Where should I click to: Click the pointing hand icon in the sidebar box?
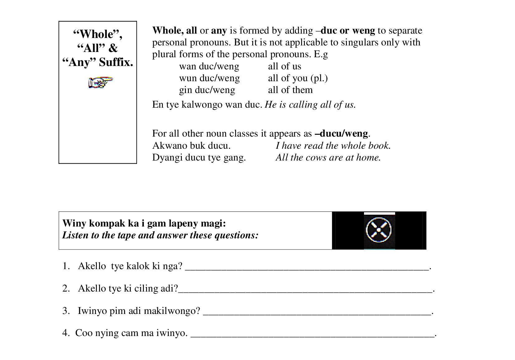(x=101, y=82)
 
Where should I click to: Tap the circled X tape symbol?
(x=379, y=230)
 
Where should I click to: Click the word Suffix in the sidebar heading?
(x=116, y=62)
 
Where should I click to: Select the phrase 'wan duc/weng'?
(x=209, y=66)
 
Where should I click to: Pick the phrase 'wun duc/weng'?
(x=209, y=78)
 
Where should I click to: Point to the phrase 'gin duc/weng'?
(x=207, y=90)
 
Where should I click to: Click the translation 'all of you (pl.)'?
(x=298, y=78)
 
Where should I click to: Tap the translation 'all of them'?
(x=290, y=90)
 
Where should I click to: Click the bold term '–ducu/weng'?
(x=341, y=133)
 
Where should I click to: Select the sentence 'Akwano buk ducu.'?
(x=191, y=146)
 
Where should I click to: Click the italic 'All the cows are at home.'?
(x=328, y=157)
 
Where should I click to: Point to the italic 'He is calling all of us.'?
(x=310, y=105)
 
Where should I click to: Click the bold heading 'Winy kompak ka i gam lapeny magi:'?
(x=144, y=223)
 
